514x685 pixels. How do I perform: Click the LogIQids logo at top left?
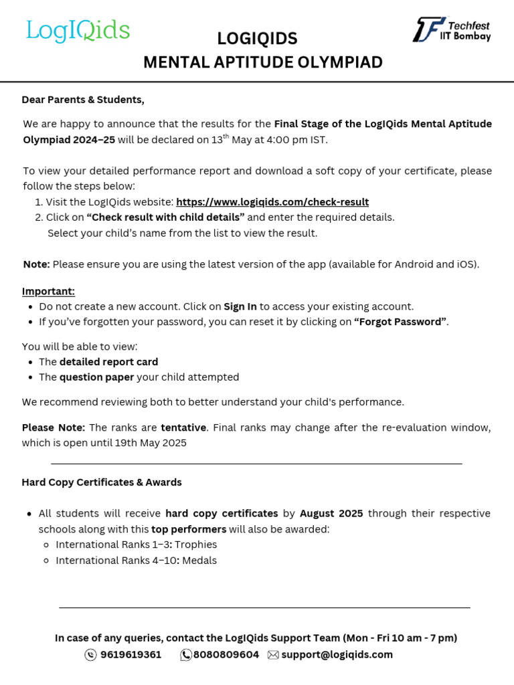(78, 31)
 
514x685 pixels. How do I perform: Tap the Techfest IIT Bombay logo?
(452, 30)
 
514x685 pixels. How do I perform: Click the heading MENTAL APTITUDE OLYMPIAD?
(263, 62)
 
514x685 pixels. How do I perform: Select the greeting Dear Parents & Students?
(83, 100)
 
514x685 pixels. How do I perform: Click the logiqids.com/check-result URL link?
(272, 201)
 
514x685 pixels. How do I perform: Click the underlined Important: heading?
(48, 291)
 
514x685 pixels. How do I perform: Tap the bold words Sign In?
(240, 306)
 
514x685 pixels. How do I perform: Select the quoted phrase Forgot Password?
(400, 322)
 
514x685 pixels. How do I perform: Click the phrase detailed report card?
(108, 362)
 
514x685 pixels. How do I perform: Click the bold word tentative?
(183, 427)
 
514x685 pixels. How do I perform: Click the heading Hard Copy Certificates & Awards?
(102, 482)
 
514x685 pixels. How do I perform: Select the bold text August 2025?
(331, 514)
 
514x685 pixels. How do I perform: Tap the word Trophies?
(197, 545)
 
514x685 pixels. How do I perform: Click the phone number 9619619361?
(131, 655)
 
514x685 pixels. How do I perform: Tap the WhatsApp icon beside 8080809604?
(186, 655)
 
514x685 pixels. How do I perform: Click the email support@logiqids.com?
(337, 655)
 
